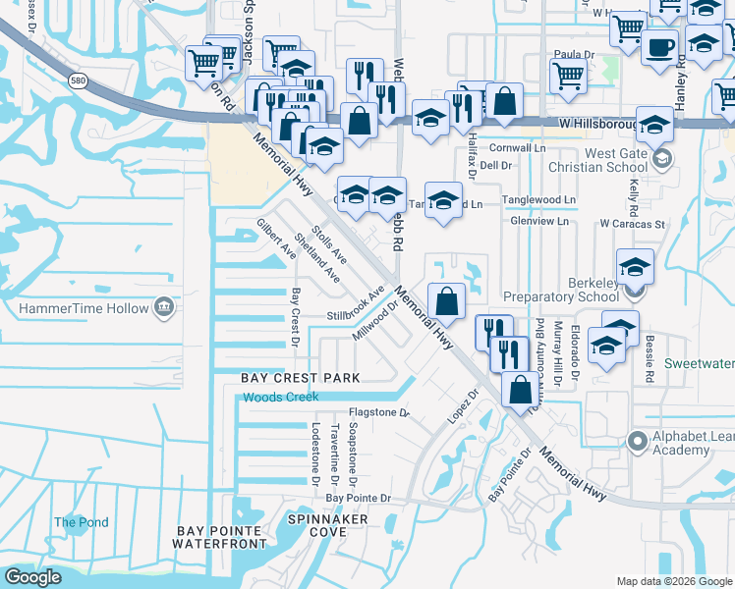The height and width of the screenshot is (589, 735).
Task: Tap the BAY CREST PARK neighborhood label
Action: click(302, 378)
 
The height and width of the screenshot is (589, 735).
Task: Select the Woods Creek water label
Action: click(281, 397)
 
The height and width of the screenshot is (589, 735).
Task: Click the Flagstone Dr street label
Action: click(377, 413)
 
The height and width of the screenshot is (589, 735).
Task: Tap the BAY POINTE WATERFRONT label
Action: click(221, 537)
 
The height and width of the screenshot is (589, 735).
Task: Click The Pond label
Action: click(81, 522)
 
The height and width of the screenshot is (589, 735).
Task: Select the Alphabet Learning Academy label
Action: click(684, 444)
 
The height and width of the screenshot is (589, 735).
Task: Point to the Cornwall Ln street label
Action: click(523, 147)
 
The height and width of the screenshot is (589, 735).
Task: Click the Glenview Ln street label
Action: click(539, 221)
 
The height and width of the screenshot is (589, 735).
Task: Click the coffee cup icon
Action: click(658, 45)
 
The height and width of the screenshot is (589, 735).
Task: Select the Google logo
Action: click(32, 577)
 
